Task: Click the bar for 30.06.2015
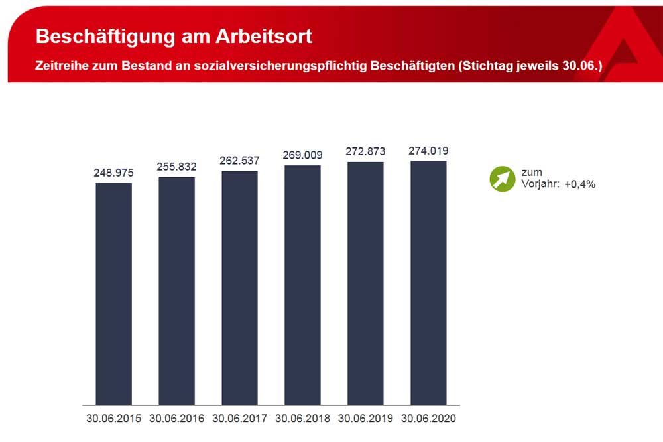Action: tap(114, 293)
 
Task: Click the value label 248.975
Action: tap(114, 173)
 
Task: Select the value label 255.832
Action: tap(177, 167)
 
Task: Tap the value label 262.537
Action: tap(239, 161)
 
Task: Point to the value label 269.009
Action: tap(302, 155)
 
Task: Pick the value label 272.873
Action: tap(365, 151)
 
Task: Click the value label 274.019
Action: tap(428, 151)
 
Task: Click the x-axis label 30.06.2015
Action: tap(114, 419)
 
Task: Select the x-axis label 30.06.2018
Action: tap(302, 419)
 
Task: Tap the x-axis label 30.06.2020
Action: tap(428, 419)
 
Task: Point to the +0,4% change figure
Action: tap(580, 184)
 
